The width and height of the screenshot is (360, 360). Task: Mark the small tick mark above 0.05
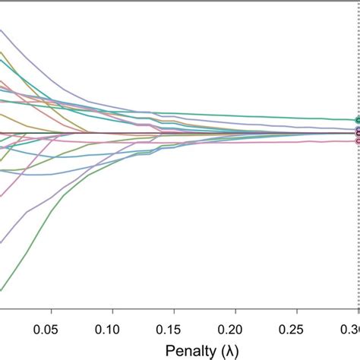[x=51, y=313]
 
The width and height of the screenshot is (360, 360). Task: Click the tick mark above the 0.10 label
[x=112, y=313]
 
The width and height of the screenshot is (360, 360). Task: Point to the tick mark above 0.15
[x=174, y=313]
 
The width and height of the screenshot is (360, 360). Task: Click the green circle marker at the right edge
[x=357, y=120]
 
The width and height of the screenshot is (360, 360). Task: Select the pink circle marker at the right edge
[x=357, y=140]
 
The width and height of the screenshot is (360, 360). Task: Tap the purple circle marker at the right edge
[x=357, y=131]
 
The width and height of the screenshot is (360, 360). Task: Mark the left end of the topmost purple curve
[x=2, y=31]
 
